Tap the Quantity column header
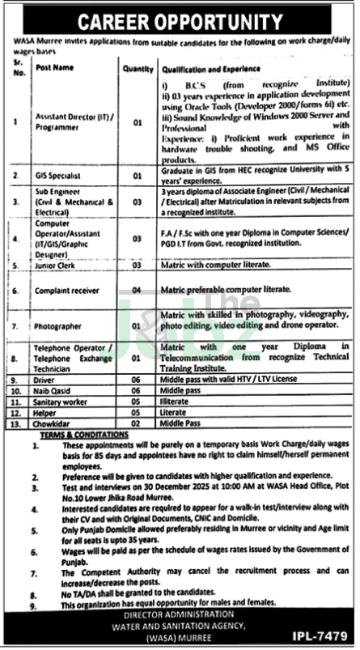point(138,70)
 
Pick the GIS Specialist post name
point(56,174)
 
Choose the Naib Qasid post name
point(50,389)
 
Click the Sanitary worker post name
point(57,400)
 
